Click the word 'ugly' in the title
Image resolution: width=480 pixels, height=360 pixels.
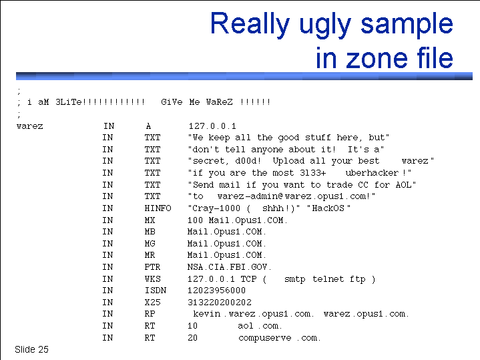pos(325,25)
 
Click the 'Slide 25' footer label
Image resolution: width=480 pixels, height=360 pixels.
pos(31,349)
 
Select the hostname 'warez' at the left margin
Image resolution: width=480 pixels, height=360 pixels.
pos(29,126)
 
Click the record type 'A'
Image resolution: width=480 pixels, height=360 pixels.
pos(148,126)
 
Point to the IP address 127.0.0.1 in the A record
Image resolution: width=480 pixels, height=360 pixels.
pos(212,126)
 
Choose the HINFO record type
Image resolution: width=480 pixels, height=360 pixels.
pos(158,208)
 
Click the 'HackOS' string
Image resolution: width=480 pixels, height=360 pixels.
pos(328,208)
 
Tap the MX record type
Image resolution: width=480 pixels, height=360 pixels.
pos(150,220)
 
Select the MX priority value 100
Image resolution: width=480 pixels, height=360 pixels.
pos(195,220)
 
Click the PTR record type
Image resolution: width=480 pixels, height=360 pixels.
pos(152,267)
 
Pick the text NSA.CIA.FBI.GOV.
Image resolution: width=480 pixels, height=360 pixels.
pos(229,267)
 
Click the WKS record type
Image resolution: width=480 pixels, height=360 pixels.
pos(152,279)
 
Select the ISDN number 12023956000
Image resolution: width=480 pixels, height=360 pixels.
pos(216,291)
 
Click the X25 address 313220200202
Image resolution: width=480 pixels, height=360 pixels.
pos(220,303)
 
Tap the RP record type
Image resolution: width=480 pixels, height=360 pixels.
pos(150,314)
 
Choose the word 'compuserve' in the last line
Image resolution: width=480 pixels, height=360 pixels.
pos(265,338)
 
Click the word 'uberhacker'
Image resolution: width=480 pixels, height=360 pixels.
pos(372,173)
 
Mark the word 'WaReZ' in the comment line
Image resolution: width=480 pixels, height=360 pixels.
pos(219,102)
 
